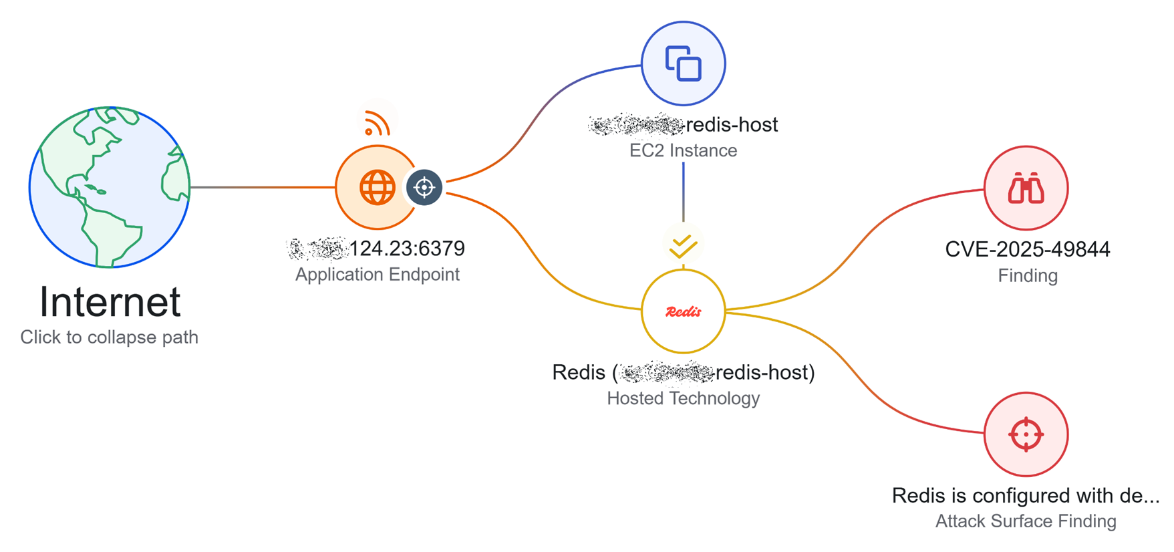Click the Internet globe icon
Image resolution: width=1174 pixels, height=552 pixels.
click(110, 187)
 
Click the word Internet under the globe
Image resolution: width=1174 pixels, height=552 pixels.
click(110, 302)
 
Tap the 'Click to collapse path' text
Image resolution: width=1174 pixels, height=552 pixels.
click(110, 337)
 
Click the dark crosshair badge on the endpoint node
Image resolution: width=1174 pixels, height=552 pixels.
click(424, 188)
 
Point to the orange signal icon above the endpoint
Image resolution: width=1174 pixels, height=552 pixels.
click(377, 124)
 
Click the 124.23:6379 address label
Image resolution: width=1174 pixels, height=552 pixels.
click(406, 249)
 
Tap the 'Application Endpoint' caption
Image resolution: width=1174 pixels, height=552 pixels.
click(377, 275)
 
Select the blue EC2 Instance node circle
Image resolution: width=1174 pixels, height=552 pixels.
click(683, 63)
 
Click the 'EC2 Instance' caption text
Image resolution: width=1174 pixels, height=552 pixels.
click(683, 150)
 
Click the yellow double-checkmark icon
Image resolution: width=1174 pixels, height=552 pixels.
click(683, 246)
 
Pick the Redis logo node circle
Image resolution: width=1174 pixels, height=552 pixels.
click(683, 311)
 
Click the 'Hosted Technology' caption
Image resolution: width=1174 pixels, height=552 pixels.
click(683, 398)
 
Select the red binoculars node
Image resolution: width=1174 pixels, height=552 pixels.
click(1026, 188)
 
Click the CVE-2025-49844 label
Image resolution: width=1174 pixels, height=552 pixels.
click(1027, 249)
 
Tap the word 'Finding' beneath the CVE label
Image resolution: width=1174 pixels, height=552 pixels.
click(1027, 275)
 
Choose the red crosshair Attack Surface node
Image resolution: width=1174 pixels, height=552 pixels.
click(1026, 434)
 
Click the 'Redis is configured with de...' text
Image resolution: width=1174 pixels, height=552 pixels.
click(1026, 496)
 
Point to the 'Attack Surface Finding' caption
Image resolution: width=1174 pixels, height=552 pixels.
click(1026, 521)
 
